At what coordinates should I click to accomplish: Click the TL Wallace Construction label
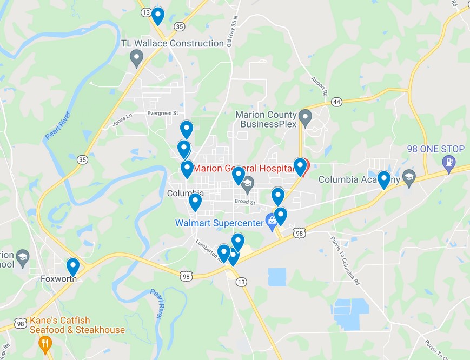(x=173, y=43)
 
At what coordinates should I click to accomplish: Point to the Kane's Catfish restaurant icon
(x=45, y=343)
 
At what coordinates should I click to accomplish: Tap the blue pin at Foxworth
(x=73, y=266)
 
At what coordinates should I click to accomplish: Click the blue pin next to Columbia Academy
(x=383, y=179)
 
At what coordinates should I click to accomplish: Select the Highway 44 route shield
(x=337, y=102)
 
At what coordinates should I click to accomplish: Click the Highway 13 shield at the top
(x=146, y=12)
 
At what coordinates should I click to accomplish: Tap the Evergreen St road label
(x=162, y=114)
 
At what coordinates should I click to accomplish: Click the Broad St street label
(x=244, y=202)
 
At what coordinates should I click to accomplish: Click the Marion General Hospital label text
(x=243, y=168)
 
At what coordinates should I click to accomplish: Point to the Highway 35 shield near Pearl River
(x=82, y=159)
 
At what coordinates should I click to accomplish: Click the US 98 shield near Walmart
(x=299, y=233)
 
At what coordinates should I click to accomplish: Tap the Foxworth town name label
(x=58, y=279)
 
